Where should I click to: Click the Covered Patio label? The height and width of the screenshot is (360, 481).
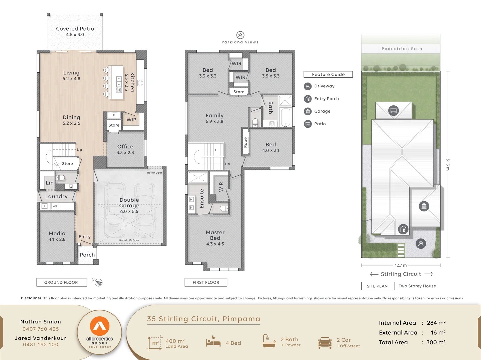75,31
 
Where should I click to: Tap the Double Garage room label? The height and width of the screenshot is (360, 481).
129,205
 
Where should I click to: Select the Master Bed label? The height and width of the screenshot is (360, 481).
215,238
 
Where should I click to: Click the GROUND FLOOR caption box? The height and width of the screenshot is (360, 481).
61,282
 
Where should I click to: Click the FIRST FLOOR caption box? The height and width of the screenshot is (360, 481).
206,282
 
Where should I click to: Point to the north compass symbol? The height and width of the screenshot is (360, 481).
98,283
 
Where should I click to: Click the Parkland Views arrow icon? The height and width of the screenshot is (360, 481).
240,35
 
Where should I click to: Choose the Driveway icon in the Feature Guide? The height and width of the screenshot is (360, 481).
308,86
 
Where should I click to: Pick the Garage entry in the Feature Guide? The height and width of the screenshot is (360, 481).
322,111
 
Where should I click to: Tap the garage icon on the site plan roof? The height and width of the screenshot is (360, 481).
424,206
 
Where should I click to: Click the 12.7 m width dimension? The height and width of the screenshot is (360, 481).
401,265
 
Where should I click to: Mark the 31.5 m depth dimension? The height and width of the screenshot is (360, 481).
448,164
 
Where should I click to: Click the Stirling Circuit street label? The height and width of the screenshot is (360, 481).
401,274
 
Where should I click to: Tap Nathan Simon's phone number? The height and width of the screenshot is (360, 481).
41,329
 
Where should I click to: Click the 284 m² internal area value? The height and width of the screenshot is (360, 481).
436,323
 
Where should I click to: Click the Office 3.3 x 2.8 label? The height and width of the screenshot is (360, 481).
125,149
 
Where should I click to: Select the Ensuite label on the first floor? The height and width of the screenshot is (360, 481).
201,199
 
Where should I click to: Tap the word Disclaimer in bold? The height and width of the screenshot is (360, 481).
31,298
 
